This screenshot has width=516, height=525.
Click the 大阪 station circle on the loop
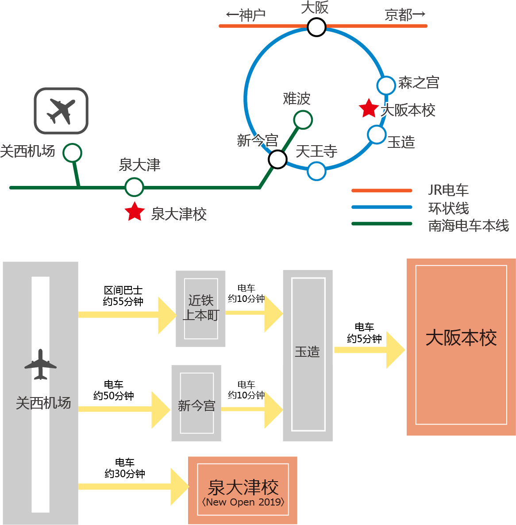pyautogui.click(x=316, y=27)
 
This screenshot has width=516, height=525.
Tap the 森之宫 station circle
pyautogui.click(x=386, y=85)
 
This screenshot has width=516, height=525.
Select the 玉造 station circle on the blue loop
pyautogui.click(x=377, y=135)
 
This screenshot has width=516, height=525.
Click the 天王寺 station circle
pyautogui.click(x=316, y=171)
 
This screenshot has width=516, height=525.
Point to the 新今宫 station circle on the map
pyautogui.click(x=277, y=159)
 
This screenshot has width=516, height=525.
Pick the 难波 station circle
pyautogui.click(x=303, y=120)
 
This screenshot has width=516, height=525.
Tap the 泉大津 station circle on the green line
pyautogui.click(x=134, y=187)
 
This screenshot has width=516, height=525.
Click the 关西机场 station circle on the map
pyautogui.click(x=72, y=153)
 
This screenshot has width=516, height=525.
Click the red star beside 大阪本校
pyautogui.click(x=368, y=108)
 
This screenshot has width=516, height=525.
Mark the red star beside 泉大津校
pyautogui.click(x=135, y=212)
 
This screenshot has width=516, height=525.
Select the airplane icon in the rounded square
pyautogui.click(x=61, y=111)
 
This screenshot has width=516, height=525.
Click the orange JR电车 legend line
pyautogui.click(x=381, y=190)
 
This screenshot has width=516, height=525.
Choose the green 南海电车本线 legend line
pyautogui.click(x=381, y=224)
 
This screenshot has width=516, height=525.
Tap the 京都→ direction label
pyautogui.click(x=405, y=15)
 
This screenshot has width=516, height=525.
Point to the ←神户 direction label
pyautogui.click(x=246, y=15)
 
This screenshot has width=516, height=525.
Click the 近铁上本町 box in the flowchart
pyautogui.click(x=201, y=309)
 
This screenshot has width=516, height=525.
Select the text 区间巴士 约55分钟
pyautogui.click(x=123, y=296)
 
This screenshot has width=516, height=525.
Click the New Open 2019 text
pyautogui.click(x=243, y=502)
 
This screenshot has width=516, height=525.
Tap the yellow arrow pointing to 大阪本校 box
pyautogui.click(x=370, y=350)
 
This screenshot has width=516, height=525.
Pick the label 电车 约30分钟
pyautogui.click(x=125, y=468)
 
